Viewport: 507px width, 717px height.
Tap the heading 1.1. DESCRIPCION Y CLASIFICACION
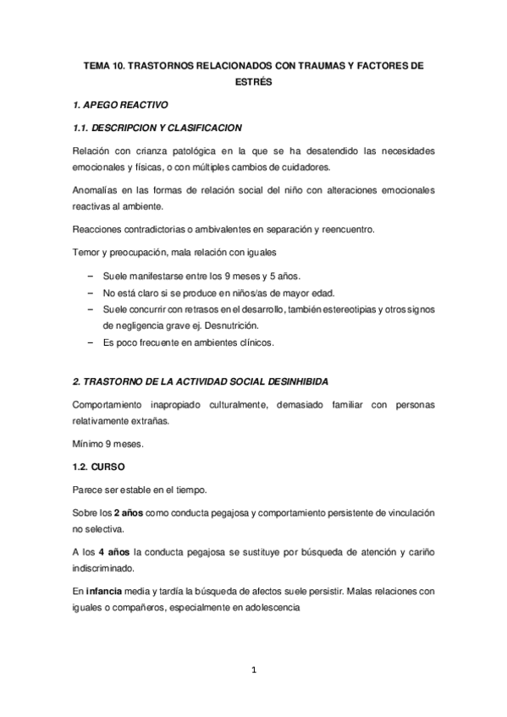click(x=157, y=128)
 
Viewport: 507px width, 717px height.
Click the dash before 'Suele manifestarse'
click(x=91, y=276)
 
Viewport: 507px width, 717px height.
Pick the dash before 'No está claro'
click(x=91, y=293)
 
